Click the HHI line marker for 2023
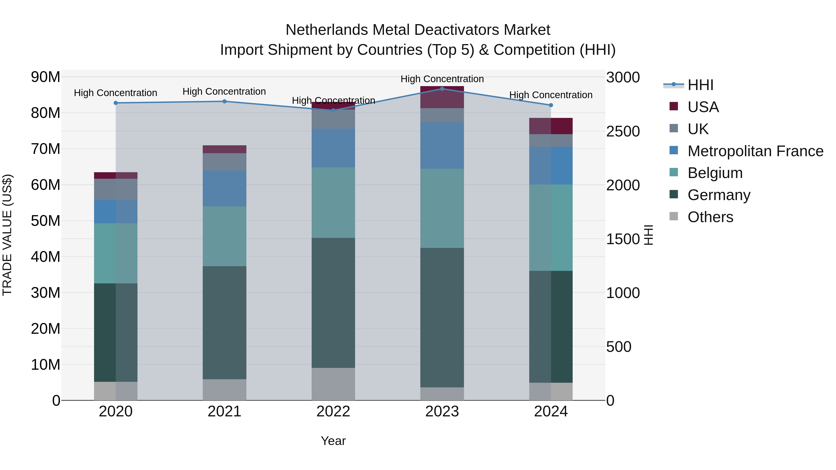[x=442, y=89]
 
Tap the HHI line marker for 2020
[x=116, y=103]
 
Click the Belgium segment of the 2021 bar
[x=224, y=236]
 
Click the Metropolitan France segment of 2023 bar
[x=442, y=145]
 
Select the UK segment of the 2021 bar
[x=224, y=162]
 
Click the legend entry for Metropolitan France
[x=755, y=151]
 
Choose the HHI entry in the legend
[x=700, y=85]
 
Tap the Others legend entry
[x=710, y=217]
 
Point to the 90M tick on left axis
[x=46, y=77]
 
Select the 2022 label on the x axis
[x=333, y=412]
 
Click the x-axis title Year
[x=333, y=441]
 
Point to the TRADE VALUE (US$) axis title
[x=7, y=235]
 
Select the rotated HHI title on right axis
[x=648, y=235]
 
